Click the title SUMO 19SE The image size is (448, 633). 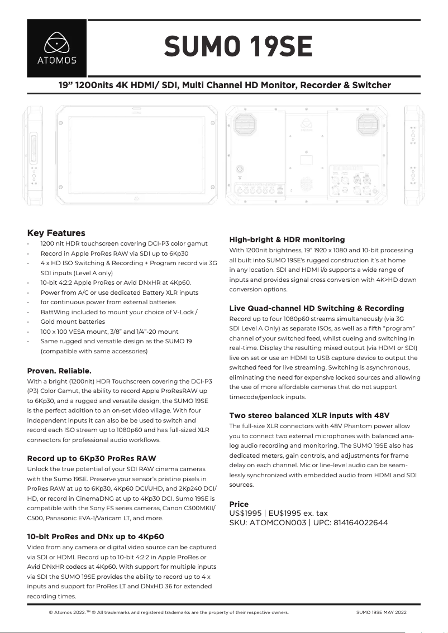pyautogui.click(x=237, y=46)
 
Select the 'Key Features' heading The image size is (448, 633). pyautogui.click(x=56, y=233)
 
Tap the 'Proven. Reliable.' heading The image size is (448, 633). pyautogui.click(x=59, y=370)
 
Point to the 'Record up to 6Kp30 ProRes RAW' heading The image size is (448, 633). pyautogui.click(x=92, y=458)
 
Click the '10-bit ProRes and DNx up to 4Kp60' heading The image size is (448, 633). pyautogui.click(x=96, y=536)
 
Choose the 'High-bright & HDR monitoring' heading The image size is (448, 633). pyautogui.click(x=287, y=239)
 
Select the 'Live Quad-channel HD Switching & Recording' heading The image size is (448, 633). pyautogui.click(x=316, y=308)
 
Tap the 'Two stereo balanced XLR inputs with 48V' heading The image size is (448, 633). pyautogui.click(x=309, y=415)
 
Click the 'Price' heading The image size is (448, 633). pyautogui.click(x=239, y=504)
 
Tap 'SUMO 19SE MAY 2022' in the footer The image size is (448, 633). pyautogui.click(x=381, y=612)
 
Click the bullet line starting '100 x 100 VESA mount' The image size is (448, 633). pyautogui.click(x=109, y=331)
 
